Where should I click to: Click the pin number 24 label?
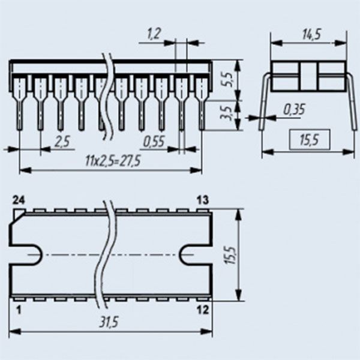19,200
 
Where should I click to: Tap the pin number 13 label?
203,200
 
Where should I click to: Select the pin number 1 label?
19,310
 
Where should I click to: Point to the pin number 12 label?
203,310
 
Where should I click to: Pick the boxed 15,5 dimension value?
310,140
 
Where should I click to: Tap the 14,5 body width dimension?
311,34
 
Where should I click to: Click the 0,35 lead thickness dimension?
294,109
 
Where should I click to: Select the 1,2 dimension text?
154,33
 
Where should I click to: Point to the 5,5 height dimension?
227,79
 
